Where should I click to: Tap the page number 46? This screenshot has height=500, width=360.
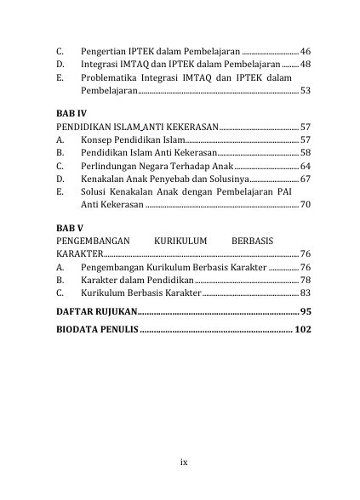click(306, 52)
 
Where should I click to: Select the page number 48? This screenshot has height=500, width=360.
click(306, 65)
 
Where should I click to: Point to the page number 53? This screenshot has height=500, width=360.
click(306, 90)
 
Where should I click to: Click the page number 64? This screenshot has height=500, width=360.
click(306, 166)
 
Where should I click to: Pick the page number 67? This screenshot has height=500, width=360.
click(306, 179)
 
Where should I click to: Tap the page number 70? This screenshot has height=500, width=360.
click(306, 205)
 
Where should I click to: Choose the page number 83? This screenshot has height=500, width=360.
click(306, 293)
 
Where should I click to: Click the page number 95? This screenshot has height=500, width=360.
click(306, 311)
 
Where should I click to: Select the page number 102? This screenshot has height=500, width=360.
click(303, 329)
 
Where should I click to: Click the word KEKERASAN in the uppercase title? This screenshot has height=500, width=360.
click(192, 127)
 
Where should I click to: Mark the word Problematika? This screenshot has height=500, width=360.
click(111, 77)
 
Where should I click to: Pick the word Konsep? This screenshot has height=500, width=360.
click(96, 139)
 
